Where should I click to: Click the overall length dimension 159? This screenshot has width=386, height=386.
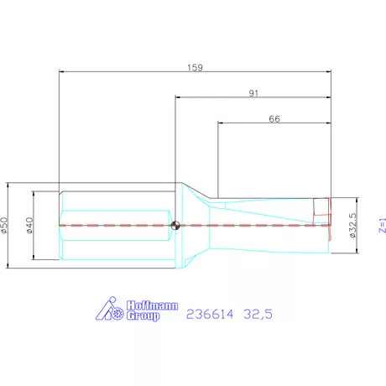pos(195,66)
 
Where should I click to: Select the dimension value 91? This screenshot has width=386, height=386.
pos(253,94)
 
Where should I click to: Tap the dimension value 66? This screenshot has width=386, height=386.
pos(274,119)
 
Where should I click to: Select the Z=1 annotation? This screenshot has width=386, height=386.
pos(380,225)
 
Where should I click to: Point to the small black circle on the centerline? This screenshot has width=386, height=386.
pos(175,224)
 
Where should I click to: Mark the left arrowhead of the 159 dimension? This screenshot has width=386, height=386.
pos(61,72)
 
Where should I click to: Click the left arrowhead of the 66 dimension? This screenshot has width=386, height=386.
pos(220,125)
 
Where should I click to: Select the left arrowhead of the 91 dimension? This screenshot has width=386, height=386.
pos(177,100)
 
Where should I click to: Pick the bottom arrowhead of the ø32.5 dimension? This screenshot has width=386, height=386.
pos(357,249)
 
